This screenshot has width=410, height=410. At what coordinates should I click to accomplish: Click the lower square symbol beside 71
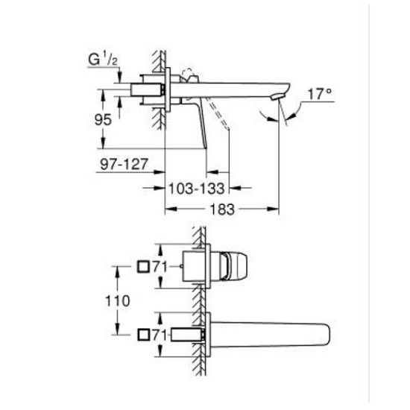coord(142,335)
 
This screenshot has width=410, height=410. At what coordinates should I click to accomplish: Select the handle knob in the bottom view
coord(234,266)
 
